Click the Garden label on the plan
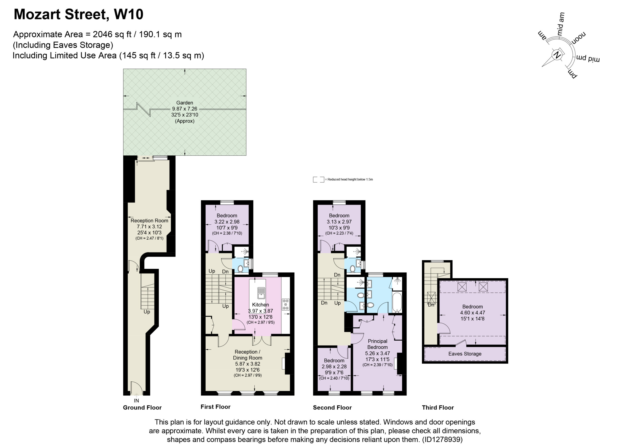[185, 103]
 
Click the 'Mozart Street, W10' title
[78, 14]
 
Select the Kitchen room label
[260, 305]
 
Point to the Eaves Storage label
[465, 354]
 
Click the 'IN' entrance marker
[136, 401]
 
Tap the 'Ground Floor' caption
[142, 408]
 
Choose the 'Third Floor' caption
[438, 408]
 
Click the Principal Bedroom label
[377, 344]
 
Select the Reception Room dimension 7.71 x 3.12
[149, 226]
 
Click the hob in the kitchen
[285, 305]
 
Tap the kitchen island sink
[261, 293]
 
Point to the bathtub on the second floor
[397, 303]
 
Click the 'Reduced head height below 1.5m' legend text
[350, 180]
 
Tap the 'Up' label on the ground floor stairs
[147, 312]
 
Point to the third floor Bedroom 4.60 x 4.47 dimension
[472, 313]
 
